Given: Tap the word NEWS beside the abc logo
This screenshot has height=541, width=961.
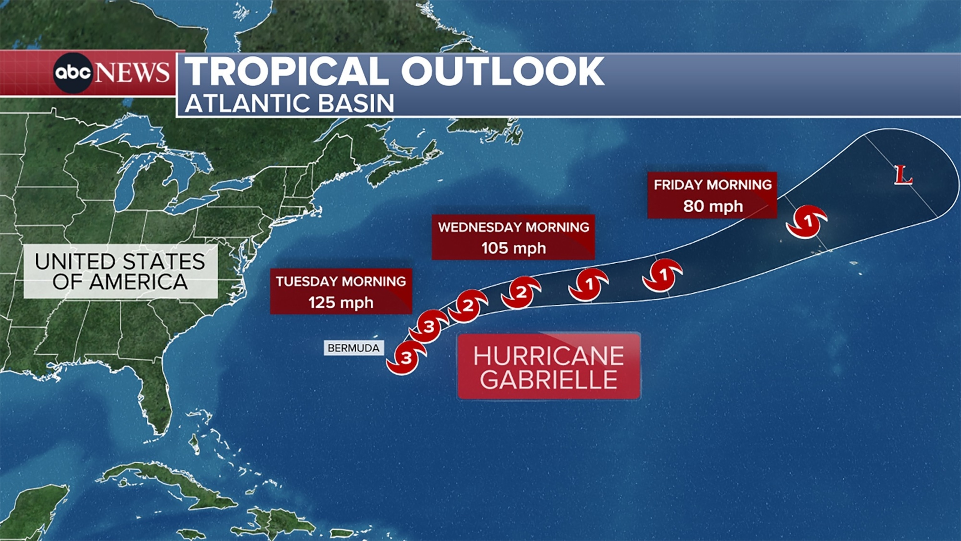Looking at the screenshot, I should (132, 73).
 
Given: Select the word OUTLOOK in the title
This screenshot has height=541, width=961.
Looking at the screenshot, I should (502, 71).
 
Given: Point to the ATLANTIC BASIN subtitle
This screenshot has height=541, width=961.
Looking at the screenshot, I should (289, 103).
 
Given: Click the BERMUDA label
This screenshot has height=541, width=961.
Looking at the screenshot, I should (353, 348).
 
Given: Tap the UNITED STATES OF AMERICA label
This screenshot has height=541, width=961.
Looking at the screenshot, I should (120, 271).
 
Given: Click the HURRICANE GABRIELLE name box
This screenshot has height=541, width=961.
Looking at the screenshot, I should (549, 366).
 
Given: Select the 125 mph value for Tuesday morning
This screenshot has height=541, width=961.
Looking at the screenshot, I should (341, 302).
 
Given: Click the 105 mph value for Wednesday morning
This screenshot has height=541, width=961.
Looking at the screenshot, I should (513, 248).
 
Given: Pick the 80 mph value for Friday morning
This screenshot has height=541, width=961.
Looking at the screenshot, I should (713, 206).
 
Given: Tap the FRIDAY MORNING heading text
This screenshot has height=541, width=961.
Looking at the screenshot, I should (713, 185).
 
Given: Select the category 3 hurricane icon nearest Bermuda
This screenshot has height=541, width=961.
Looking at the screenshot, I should (405, 357).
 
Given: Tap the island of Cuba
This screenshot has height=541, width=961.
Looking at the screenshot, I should (164, 482).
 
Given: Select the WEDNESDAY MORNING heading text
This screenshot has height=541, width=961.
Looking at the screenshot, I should (513, 227).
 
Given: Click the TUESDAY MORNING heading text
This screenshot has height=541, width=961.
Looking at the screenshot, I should (341, 281).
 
